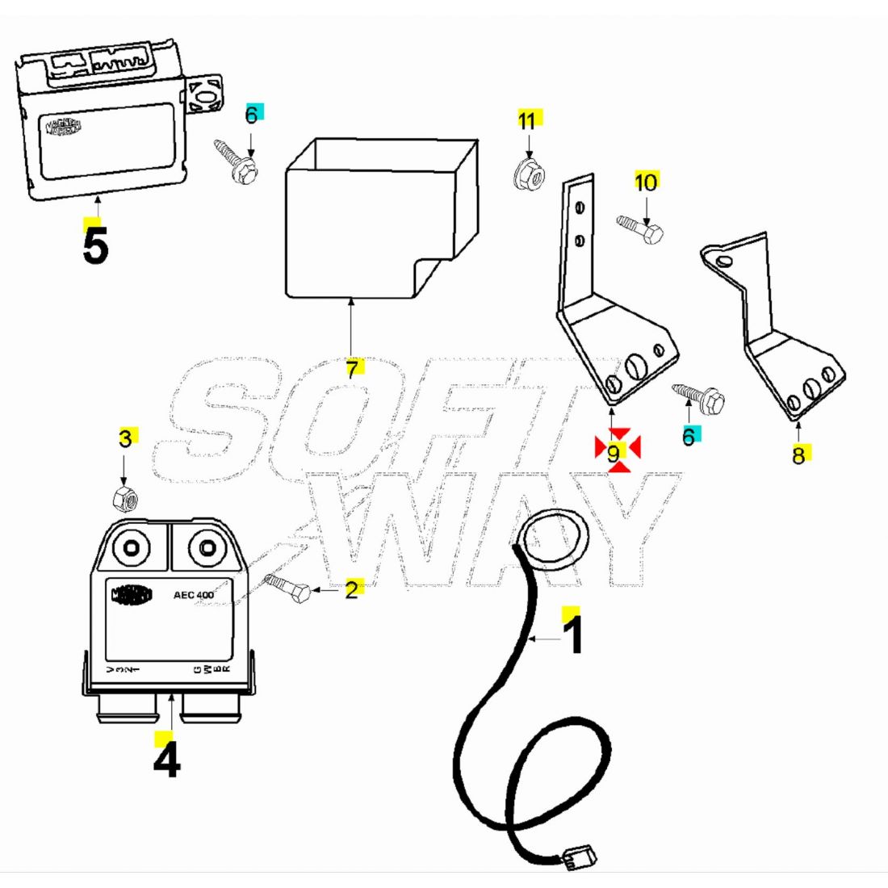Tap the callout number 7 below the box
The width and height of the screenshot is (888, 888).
click(x=352, y=370)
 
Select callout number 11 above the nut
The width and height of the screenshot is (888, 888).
click(x=526, y=121)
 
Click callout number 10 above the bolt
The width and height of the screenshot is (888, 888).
click(x=646, y=182)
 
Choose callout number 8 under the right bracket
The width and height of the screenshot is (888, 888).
click(x=798, y=455)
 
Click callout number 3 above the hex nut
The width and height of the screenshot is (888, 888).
click(x=125, y=438)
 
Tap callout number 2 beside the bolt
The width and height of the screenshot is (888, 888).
click(x=351, y=589)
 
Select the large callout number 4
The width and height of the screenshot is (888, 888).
click(x=166, y=760)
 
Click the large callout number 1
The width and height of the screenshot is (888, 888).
click(x=572, y=635)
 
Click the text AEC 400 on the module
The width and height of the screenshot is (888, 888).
click(x=194, y=596)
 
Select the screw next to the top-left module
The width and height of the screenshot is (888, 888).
click(x=236, y=161)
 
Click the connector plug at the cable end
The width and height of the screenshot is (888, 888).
click(x=576, y=857)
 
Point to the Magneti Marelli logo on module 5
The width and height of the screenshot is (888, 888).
click(x=63, y=128)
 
